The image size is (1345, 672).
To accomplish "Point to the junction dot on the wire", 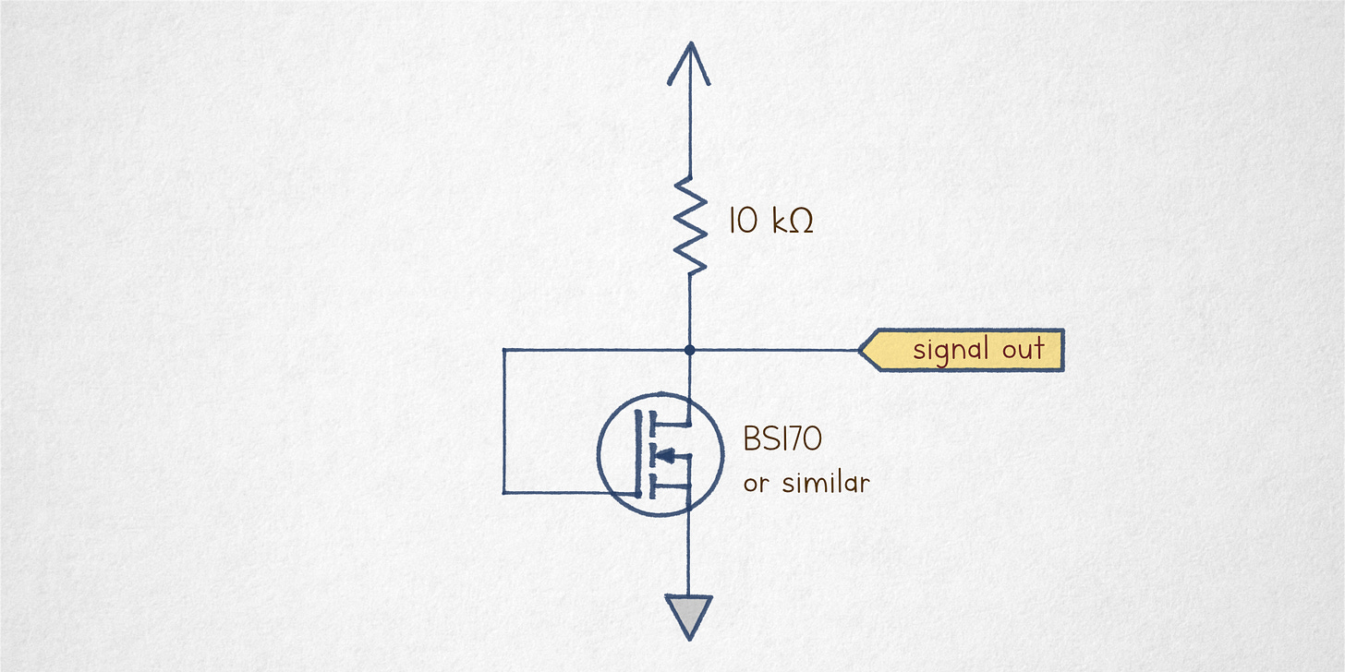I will pyautogui.click(x=689, y=350).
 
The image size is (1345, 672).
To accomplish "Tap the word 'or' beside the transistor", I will pyautogui.click(x=756, y=483).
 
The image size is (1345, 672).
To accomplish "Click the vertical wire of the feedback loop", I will pyautogui.click(x=504, y=421).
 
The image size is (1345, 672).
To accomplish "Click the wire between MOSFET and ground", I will pyautogui.click(x=689, y=554).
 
